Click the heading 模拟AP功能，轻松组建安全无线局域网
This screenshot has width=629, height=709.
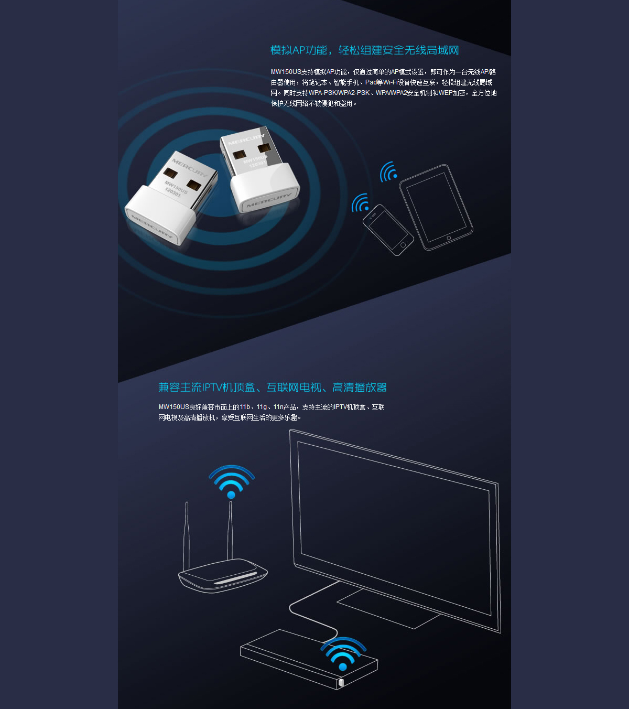364,50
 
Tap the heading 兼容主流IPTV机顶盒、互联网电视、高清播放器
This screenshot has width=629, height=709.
273,387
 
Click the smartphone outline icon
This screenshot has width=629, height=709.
388,230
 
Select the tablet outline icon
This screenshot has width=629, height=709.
436,207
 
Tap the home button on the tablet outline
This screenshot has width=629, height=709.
449,238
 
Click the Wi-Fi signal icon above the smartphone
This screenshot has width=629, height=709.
360,202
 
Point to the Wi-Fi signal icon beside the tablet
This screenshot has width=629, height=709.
388,171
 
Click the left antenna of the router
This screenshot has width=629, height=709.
187,536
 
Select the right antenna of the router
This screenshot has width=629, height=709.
230,530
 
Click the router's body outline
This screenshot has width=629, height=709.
223,575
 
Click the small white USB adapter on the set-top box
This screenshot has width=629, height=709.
341,682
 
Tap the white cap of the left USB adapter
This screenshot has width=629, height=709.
160,214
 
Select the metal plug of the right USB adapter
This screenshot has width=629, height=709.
251,151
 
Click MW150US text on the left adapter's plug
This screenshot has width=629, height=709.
176,187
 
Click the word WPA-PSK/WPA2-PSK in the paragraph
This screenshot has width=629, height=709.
339,93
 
